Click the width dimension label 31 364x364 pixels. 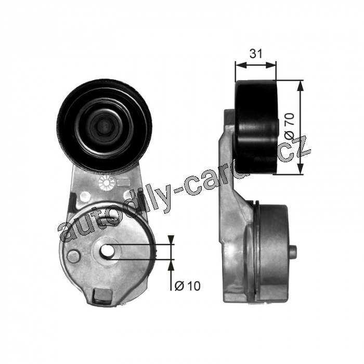[x=256, y=54]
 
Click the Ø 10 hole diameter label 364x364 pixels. [x=187, y=286]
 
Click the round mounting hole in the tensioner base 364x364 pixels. [x=107, y=251]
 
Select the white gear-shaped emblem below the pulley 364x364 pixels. [x=106, y=183]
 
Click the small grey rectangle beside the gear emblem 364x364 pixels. [x=123, y=183]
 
